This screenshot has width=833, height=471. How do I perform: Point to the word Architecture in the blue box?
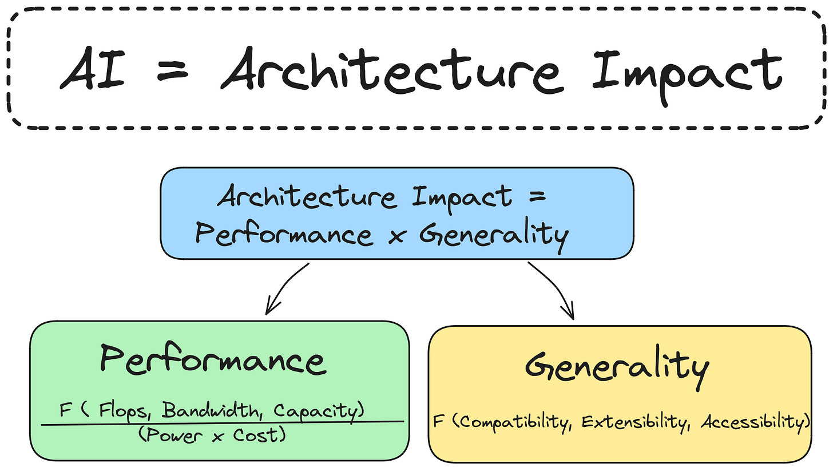coord(308,198)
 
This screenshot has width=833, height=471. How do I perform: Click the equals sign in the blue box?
coord(537,199)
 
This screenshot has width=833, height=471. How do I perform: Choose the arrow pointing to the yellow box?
coord(552,289)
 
